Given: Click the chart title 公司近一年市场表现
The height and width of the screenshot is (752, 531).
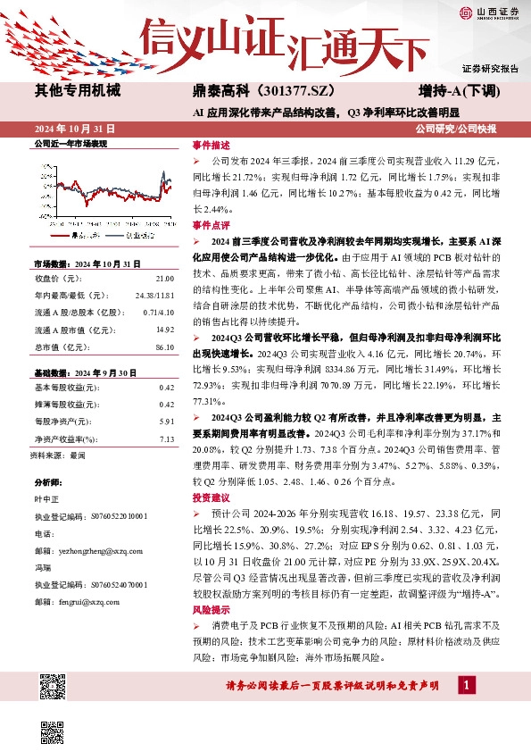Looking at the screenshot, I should pyautogui.click(x=70, y=143).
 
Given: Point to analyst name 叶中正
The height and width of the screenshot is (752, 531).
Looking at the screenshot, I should pyautogui.click(x=45, y=499).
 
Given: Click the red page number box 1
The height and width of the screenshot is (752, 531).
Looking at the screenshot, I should pyautogui.click(x=466, y=684).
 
